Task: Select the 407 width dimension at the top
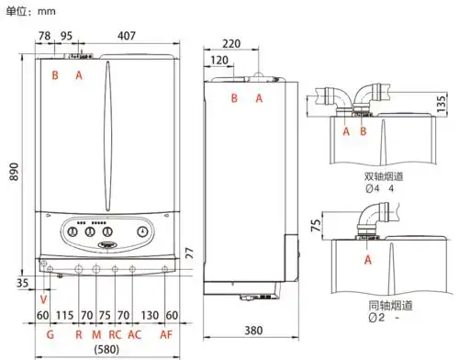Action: [x=127, y=36]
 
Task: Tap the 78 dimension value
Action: [x=44, y=36]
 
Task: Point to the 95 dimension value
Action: [x=67, y=36]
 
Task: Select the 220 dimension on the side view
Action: [x=231, y=43]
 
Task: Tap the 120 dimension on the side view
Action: [x=219, y=60]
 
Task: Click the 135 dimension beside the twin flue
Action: [x=442, y=99]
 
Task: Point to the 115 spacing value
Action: [x=65, y=316]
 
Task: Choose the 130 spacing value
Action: [x=149, y=316]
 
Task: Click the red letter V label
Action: [x=44, y=299]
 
